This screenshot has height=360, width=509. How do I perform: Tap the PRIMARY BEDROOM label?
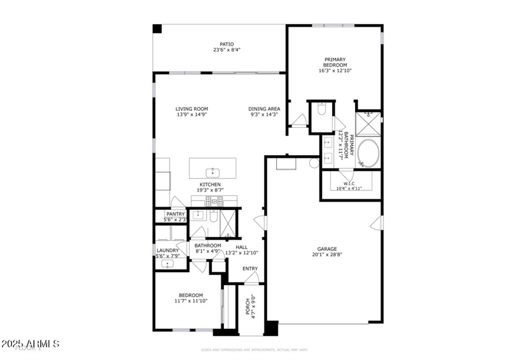coord(335,62)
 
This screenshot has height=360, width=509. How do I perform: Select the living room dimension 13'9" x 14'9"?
coord(192,115)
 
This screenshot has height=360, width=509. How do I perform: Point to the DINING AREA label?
coord(263,109)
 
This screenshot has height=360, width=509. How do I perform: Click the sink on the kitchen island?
coord(213,172)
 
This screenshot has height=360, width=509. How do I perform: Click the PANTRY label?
coord(175,214)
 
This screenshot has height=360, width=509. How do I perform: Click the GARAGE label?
coord(327,249)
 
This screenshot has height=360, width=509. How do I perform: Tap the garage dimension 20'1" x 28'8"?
coord(327,255)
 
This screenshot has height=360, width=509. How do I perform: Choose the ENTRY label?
coord(250,268)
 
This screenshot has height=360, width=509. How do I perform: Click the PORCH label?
coord(248,306)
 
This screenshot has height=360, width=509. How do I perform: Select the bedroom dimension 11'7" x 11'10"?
coord(191,301)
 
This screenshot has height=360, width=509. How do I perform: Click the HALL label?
coord(242,247)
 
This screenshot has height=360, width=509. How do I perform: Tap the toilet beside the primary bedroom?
coord(321,110)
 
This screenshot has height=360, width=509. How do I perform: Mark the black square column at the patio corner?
coord(157,29)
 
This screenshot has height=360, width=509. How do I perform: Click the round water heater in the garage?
coord(314,163)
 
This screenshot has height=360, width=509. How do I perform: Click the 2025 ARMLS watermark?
coord(30,344)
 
